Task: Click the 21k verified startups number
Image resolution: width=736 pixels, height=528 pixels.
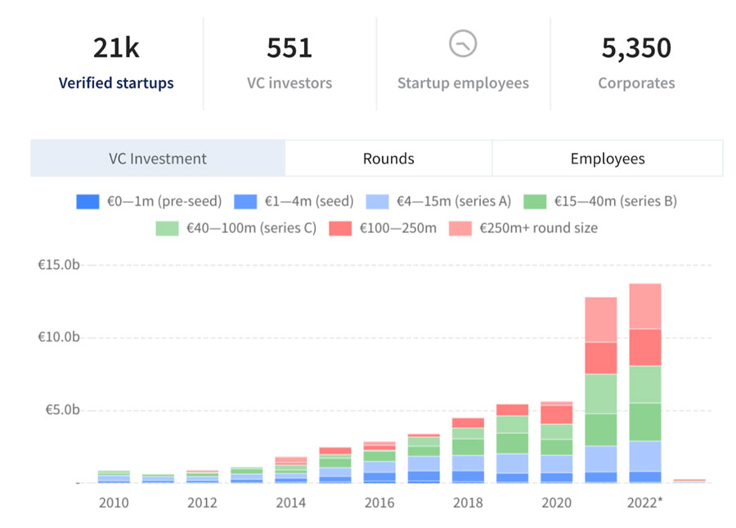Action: (x=116, y=48)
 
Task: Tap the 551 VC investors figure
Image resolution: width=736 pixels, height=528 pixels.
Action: (x=289, y=48)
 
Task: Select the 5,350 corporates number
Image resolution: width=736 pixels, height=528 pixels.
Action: (x=636, y=48)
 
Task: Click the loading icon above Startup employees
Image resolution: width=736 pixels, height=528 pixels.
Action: (x=463, y=44)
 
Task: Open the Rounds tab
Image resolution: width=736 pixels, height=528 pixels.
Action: (x=388, y=159)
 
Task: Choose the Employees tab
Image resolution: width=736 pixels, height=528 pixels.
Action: (x=608, y=159)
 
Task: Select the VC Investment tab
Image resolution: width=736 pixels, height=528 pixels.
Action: (x=158, y=159)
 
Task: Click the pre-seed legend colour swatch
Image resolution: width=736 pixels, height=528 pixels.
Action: (x=88, y=201)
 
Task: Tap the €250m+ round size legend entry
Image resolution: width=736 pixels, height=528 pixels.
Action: (x=523, y=228)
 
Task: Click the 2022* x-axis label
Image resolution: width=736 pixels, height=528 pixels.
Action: (x=645, y=503)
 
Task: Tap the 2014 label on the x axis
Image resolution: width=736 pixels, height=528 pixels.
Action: (x=290, y=503)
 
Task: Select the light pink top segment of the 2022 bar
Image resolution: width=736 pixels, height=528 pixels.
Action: (x=645, y=306)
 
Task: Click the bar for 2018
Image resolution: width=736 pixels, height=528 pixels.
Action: (x=468, y=450)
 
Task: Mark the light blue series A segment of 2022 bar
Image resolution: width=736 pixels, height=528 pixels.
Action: (x=645, y=456)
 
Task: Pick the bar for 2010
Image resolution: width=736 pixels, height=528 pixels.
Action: (x=114, y=477)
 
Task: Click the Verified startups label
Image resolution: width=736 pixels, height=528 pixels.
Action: (x=116, y=83)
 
